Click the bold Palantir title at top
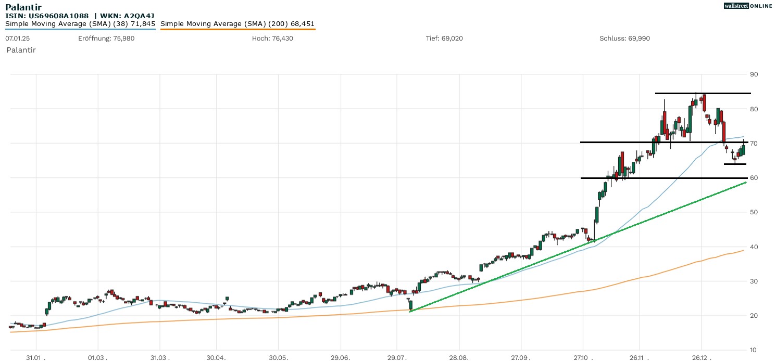tap(23, 7)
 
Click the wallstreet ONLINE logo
tap(748, 6)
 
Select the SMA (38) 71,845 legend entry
tap(80, 24)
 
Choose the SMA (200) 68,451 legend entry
tap(237, 24)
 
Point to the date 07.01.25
tap(17, 38)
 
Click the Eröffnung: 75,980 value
tap(106, 38)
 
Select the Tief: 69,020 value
tap(444, 38)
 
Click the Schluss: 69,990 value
tap(624, 38)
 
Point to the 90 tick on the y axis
tap(754, 74)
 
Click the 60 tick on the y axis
tap(754, 178)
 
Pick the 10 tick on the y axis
tap(754, 350)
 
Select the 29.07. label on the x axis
tap(397, 358)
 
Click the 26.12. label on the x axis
tap(701, 358)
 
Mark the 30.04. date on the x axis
tap(217, 358)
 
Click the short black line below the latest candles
tap(735, 164)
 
